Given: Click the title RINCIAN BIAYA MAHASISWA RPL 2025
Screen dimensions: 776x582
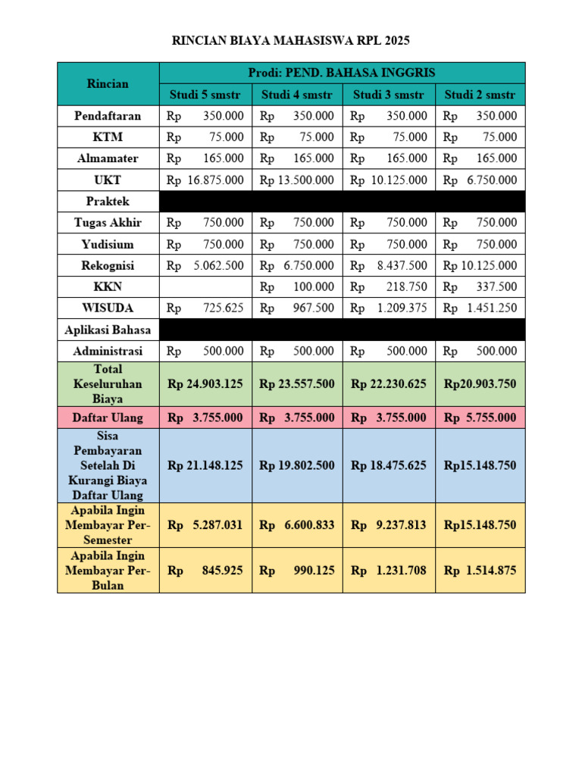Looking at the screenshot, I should pyautogui.click(x=291, y=41).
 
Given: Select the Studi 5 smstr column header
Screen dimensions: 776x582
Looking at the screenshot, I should pyautogui.click(x=205, y=95).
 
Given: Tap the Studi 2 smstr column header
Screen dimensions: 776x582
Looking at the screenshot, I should pyautogui.click(x=480, y=95).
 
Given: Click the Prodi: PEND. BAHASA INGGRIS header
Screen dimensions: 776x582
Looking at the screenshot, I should pyautogui.click(x=342, y=73).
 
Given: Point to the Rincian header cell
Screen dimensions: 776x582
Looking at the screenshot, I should pyautogui.click(x=108, y=83).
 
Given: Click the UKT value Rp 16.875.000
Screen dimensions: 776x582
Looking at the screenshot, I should pyautogui.click(x=205, y=180).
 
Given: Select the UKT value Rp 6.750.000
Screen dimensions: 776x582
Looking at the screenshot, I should pyautogui.click(x=480, y=180).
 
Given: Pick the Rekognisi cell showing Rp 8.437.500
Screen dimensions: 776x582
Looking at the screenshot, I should pyautogui.click(x=389, y=266).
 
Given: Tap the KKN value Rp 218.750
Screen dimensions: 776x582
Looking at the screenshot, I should pyautogui.click(x=389, y=287).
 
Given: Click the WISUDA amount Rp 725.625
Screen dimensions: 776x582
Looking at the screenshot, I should pyautogui.click(x=205, y=308).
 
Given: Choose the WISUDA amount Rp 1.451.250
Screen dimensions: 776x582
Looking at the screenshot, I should pyautogui.click(x=480, y=308).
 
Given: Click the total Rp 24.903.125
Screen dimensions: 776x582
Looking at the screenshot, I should pyautogui.click(x=205, y=384).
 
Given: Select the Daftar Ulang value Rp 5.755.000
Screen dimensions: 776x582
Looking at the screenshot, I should pyautogui.click(x=480, y=418).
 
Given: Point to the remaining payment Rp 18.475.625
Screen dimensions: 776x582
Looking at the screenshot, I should pyautogui.click(x=389, y=465).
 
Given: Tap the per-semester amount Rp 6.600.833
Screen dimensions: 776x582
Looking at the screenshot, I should pyautogui.click(x=297, y=525).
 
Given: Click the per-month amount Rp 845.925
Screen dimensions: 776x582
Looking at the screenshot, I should pyautogui.click(x=205, y=570).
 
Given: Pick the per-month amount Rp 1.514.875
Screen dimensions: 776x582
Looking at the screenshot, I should pyautogui.click(x=480, y=570).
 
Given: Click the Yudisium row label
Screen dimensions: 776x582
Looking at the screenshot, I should pyautogui.click(x=108, y=244).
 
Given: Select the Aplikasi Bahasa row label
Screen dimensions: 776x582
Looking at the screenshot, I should pyautogui.click(x=108, y=330).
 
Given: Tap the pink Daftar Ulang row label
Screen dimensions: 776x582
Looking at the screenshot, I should pyautogui.click(x=108, y=418).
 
